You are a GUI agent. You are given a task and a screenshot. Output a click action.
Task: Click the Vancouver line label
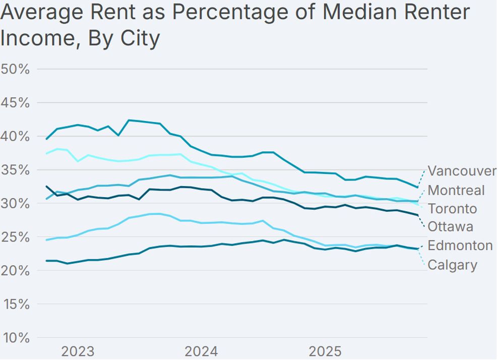click(462, 171)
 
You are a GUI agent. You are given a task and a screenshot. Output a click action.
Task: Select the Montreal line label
click(456, 190)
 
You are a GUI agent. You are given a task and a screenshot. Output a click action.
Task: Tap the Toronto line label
click(452, 209)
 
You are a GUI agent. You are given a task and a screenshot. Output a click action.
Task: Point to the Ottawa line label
click(451, 227)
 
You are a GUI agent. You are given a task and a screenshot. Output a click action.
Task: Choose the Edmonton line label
click(460, 246)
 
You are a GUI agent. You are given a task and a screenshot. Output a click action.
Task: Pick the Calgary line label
click(452, 265)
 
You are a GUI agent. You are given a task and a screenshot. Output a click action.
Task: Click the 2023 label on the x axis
click(78, 351)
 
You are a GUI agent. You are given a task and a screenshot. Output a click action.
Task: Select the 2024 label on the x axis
click(202, 351)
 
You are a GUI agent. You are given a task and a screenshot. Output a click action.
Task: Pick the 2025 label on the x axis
click(326, 351)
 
